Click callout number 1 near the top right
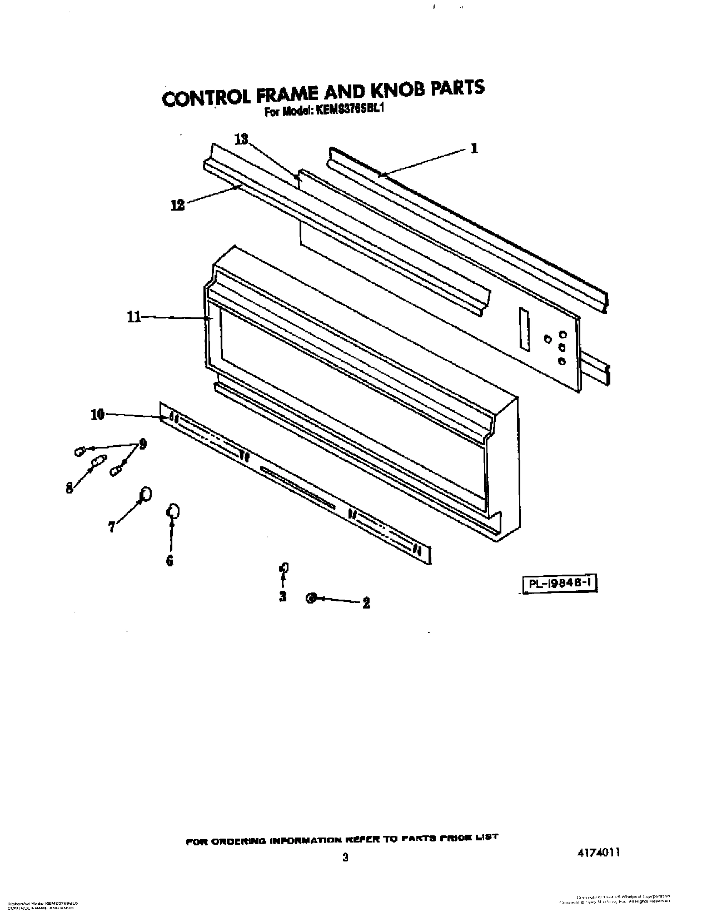tap(474, 148)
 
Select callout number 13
tap(241, 139)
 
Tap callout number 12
tap(177, 205)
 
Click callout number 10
tap(97, 415)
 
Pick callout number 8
tap(69, 489)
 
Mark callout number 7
tap(112, 527)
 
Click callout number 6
tap(170, 560)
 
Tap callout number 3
tap(283, 597)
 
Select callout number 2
tap(366, 603)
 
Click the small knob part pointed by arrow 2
tap(311, 598)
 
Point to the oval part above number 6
tap(173, 510)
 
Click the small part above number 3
tap(284, 567)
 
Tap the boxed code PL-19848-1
tap(560, 584)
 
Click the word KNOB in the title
tap(392, 91)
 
